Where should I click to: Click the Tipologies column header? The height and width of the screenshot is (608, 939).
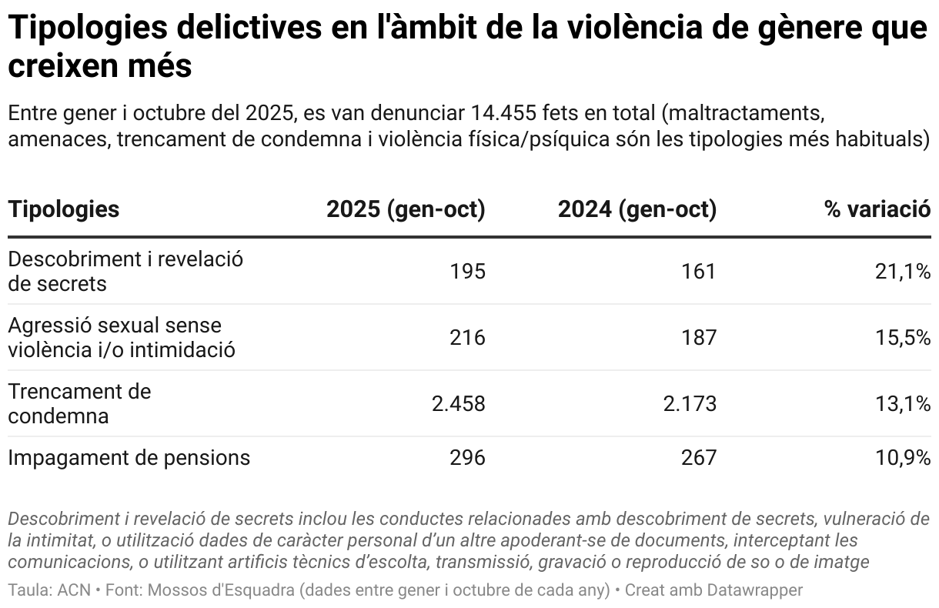point(64,209)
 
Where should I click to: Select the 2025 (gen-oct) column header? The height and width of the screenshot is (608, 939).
point(406,209)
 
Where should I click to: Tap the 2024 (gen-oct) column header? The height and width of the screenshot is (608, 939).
point(637,209)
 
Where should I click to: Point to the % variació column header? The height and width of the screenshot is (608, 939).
point(877,209)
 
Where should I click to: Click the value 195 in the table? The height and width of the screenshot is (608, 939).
point(467,272)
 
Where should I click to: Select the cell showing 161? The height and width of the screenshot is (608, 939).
point(698,272)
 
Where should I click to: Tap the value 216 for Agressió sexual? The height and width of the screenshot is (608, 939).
point(467,338)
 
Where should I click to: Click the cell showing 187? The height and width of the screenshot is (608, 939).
point(698,338)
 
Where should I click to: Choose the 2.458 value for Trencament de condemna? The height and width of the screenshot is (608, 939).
point(459,404)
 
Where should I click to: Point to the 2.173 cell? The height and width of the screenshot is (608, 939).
point(690,404)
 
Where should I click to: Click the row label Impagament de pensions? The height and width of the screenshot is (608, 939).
point(129,458)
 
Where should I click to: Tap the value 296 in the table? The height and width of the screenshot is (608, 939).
point(467,458)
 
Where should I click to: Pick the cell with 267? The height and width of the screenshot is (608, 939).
point(698,458)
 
